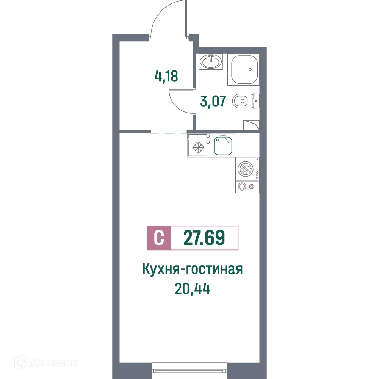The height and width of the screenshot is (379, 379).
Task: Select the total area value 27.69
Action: click(x=204, y=238)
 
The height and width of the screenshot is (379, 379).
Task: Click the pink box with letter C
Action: click(x=159, y=238)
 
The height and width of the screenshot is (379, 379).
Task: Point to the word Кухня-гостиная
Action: click(x=192, y=269)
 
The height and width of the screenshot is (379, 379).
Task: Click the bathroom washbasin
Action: click(x=211, y=61)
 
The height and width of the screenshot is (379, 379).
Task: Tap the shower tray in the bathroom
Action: click(x=243, y=70)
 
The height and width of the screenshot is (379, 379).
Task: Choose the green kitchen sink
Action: click(x=224, y=146)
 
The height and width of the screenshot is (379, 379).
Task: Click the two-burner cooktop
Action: click(x=247, y=186)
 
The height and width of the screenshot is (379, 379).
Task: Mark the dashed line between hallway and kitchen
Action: click(x=169, y=133)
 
